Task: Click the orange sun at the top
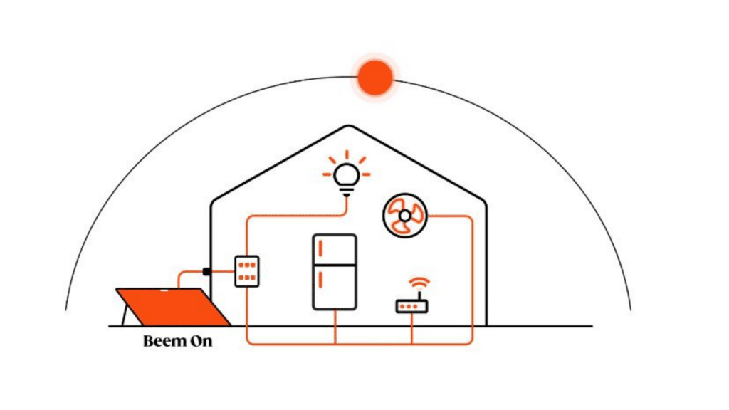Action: click(374, 77)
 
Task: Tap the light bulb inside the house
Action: click(347, 179)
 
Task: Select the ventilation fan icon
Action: click(405, 216)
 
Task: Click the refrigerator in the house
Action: click(335, 272)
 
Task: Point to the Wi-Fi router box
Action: click(412, 307)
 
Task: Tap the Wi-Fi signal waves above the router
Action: click(419, 283)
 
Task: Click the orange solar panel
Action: click(174, 307)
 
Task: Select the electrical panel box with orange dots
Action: click(247, 271)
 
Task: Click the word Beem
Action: click(162, 341)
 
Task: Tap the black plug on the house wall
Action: click(207, 271)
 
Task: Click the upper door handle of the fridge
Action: click(321, 248)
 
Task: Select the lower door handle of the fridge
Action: click(321, 279)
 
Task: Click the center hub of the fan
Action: click(405, 216)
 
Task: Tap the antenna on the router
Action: click(419, 296)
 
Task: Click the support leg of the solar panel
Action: click(124, 315)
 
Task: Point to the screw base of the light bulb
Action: click(347, 191)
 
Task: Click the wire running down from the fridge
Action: click(335, 327)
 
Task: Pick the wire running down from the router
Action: click(412, 329)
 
